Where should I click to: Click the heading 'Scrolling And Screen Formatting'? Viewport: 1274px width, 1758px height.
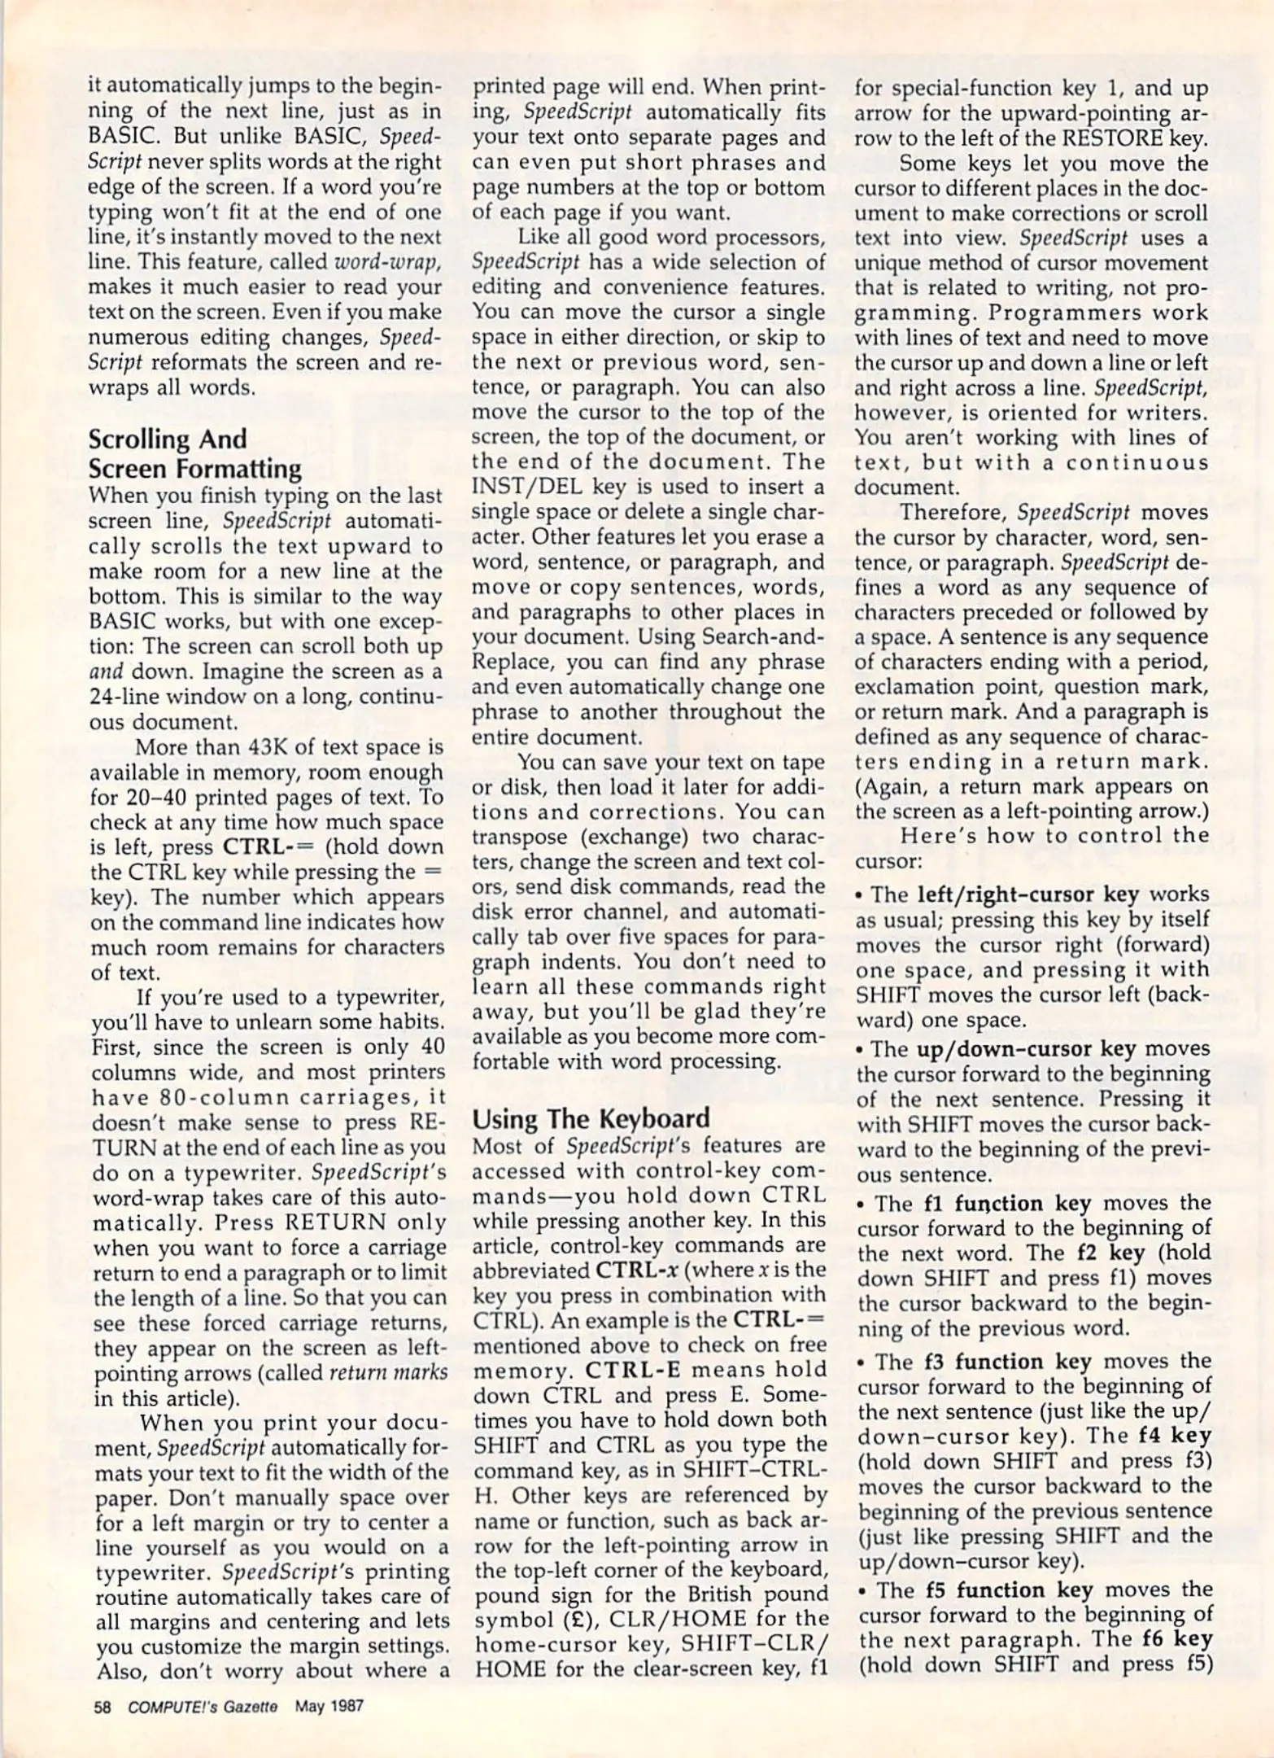pos(195,454)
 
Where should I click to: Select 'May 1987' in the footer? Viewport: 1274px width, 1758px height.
pos(329,1705)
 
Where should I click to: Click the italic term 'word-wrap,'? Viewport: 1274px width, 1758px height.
pos(389,262)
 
